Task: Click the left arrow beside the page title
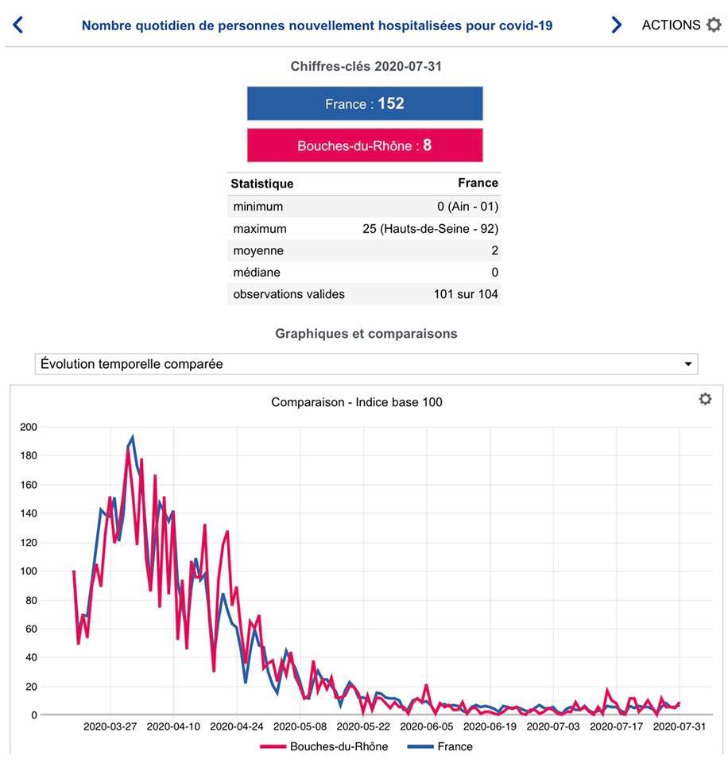pos(18,25)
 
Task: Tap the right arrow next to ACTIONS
pos(616,25)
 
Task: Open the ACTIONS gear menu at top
pos(713,25)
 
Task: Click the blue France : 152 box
pos(365,103)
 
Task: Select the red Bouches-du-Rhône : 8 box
pos(365,145)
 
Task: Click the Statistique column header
pos(262,184)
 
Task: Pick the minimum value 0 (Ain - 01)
pos(467,207)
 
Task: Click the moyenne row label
pos(258,250)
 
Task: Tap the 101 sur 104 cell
pos(466,294)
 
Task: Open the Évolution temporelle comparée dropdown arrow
pos(688,364)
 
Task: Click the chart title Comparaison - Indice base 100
pos(357,402)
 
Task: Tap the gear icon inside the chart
pos(705,399)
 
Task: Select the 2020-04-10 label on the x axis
pos(174,726)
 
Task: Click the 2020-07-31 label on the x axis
pos(680,726)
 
